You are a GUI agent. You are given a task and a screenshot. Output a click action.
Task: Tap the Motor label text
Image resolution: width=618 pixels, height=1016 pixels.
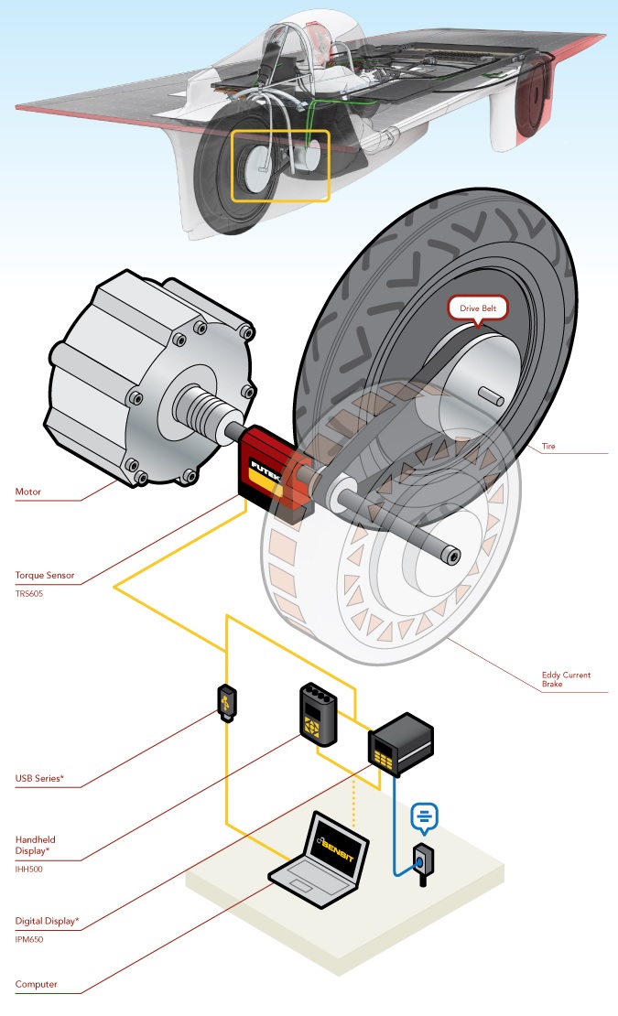pyautogui.click(x=28, y=492)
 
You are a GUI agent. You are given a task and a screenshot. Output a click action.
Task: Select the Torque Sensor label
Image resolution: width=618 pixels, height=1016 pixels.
pyautogui.click(x=45, y=577)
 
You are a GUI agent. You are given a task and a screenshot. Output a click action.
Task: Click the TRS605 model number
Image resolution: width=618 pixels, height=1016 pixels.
pyautogui.click(x=29, y=593)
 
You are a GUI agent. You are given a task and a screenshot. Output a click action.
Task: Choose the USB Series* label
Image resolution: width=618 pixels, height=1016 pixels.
pyautogui.click(x=39, y=779)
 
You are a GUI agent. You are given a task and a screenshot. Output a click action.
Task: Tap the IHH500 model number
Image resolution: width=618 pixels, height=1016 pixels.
pyautogui.click(x=29, y=869)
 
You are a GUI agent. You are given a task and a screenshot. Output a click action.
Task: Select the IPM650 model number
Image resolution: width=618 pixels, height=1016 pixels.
pyautogui.click(x=29, y=938)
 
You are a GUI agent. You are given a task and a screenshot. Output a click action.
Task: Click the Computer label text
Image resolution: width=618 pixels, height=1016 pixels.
pyautogui.click(x=37, y=985)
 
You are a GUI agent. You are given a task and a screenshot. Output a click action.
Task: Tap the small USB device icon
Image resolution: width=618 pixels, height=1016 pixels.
pyautogui.click(x=226, y=704)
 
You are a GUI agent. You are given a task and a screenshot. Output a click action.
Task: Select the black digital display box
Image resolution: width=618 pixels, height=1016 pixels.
pyautogui.click(x=400, y=743)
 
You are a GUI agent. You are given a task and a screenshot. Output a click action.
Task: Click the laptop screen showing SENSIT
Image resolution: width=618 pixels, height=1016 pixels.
pyautogui.click(x=337, y=848)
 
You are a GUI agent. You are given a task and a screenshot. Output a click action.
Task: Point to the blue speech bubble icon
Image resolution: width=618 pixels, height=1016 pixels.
pyautogui.click(x=425, y=815)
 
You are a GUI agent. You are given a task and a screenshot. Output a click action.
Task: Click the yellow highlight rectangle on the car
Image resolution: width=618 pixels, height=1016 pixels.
pyautogui.click(x=279, y=165)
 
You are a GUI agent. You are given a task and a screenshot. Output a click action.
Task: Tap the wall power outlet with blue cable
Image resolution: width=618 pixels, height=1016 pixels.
pyautogui.click(x=423, y=861)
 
